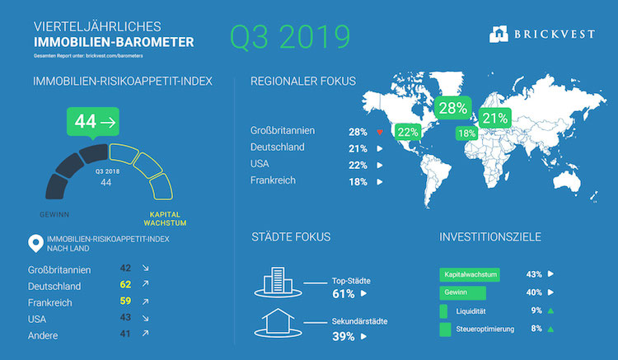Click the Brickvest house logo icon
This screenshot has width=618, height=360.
pos(499,34)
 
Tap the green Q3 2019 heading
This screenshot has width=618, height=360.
pos(290,36)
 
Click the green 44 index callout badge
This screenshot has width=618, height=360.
pos(93,122)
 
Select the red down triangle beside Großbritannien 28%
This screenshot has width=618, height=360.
pos(380,133)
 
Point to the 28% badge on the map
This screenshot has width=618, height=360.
pos(453,108)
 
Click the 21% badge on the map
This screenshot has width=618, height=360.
pos(495,118)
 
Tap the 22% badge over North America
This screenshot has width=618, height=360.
pos(408,133)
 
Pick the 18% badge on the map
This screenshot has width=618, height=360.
pos(466,133)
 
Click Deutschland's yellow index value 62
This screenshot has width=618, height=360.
pos(125,284)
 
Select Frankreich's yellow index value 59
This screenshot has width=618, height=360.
pos(125,301)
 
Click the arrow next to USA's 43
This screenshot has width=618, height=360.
pos(145,318)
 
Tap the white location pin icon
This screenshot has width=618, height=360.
pos(36,243)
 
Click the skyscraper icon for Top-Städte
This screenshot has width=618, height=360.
pos(278,282)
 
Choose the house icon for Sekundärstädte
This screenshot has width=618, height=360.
pos(278,323)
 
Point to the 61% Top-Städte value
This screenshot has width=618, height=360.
pos(344,294)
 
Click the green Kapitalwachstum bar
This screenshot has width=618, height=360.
pos(470,274)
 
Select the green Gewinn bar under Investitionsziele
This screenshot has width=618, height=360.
pos(463,292)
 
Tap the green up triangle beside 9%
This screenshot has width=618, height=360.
pos(550,311)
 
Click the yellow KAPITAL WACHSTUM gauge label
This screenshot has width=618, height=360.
pos(165,218)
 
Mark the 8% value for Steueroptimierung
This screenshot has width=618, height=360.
pos(536,329)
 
